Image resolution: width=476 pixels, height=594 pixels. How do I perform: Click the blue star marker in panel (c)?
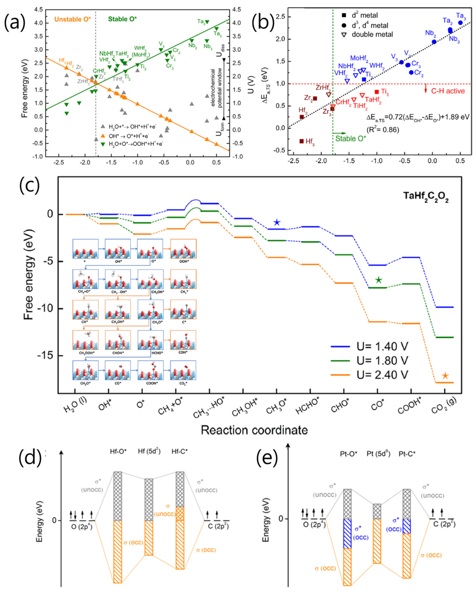tap(277, 222)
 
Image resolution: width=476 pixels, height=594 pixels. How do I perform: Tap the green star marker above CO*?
tap(379, 280)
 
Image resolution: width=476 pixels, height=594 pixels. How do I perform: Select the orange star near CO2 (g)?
tap(445, 376)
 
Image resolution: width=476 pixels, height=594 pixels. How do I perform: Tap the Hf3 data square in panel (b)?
tap(302, 141)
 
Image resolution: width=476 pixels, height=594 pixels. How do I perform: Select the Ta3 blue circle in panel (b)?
tap(460, 23)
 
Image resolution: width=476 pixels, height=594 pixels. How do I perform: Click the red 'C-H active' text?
tap(448, 91)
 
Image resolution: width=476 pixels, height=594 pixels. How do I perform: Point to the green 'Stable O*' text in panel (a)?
tap(122, 19)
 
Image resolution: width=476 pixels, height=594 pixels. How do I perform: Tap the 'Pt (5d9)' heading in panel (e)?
tap(378, 454)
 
